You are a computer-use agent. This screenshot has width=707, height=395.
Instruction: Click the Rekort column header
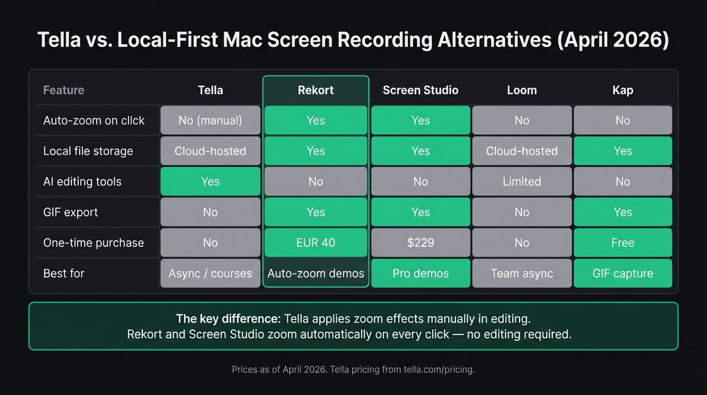(x=315, y=90)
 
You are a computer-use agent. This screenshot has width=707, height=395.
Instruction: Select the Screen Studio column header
(x=420, y=90)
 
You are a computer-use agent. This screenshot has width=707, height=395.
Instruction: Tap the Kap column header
(x=623, y=90)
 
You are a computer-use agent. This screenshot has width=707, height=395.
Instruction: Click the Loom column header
(x=522, y=90)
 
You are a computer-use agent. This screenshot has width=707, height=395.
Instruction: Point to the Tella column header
(x=210, y=90)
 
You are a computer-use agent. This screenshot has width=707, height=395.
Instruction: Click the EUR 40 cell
(x=315, y=243)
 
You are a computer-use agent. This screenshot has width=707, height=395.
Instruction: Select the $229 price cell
(x=420, y=243)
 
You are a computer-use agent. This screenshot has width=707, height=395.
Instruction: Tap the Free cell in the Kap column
(x=623, y=243)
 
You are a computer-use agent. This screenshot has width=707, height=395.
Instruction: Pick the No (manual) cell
(x=210, y=120)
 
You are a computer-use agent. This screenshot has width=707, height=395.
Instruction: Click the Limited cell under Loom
(x=522, y=182)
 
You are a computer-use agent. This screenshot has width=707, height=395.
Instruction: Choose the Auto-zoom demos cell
(x=315, y=273)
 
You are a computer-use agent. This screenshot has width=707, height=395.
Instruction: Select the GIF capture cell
(x=623, y=273)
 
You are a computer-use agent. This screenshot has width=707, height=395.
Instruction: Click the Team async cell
(x=522, y=273)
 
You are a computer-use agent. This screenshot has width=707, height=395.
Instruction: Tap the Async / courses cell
(x=210, y=273)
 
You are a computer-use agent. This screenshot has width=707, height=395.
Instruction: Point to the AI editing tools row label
(x=82, y=182)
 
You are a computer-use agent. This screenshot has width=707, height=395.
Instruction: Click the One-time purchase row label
(x=94, y=243)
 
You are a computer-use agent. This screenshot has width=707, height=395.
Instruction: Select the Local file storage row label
(x=88, y=151)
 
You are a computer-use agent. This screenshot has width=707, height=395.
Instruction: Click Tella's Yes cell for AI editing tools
(x=210, y=182)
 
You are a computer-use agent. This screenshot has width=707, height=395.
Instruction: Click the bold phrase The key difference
(x=228, y=318)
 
